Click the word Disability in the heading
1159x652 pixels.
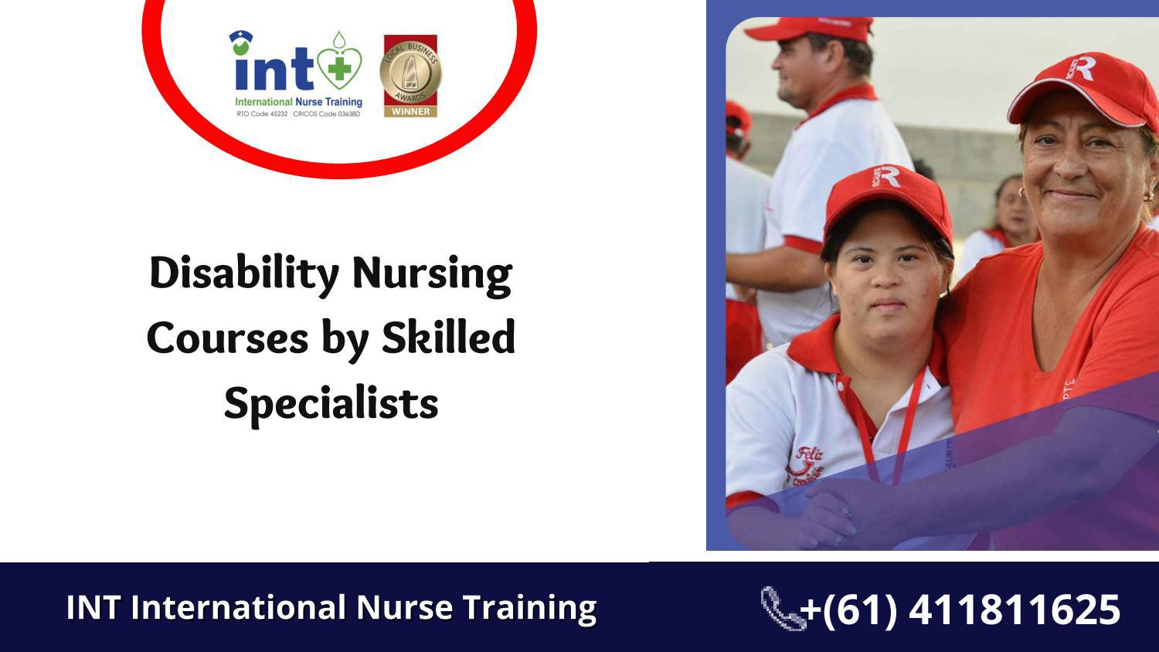(x=244, y=273)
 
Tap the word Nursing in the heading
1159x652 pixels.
(x=432, y=273)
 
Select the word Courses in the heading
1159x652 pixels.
(x=227, y=338)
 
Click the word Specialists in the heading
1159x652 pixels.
(x=331, y=403)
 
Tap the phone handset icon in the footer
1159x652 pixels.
(x=781, y=608)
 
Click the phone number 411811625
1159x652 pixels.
(x=1014, y=610)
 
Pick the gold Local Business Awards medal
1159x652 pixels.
(x=410, y=72)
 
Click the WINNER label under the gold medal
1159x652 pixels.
(x=410, y=111)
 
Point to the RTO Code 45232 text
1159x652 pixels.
(x=261, y=114)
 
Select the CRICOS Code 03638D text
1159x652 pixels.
(x=327, y=114)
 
